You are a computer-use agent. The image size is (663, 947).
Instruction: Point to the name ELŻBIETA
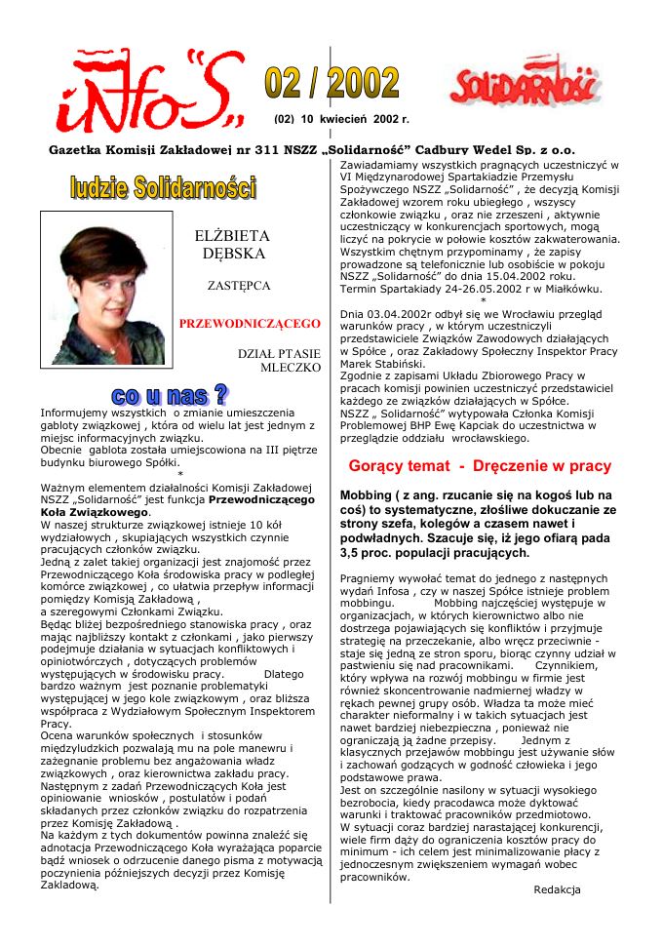click(232, 235)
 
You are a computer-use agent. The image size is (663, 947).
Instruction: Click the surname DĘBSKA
click(232, 253)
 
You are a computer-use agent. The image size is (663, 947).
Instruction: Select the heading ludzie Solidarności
click(163, 187)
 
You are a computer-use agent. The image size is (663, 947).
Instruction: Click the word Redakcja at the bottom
click(557, 889)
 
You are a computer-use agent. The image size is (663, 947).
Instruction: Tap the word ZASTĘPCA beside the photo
click(239, 287)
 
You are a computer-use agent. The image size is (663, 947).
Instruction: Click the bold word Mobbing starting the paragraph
click(367, 495)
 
